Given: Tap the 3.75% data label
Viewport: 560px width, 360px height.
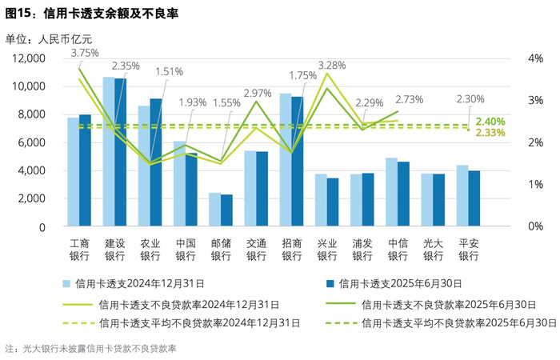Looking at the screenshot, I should click(x=85, y=53).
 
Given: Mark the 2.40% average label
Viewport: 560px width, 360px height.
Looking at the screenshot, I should click(x=490, y=122).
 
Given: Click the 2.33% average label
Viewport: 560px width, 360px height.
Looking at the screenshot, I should click(x=490, y=133).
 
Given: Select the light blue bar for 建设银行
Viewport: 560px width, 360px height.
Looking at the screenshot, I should click(x=109, y=152).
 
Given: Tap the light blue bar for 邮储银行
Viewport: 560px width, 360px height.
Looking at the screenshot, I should click(x=214, y=210).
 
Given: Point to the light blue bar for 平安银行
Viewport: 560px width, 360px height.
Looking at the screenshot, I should click(x=462, y=196).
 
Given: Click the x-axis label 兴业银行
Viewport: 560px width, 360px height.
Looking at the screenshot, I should click(x=326, y=250).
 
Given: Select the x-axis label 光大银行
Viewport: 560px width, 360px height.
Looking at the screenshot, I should click(x=433, y=250).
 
